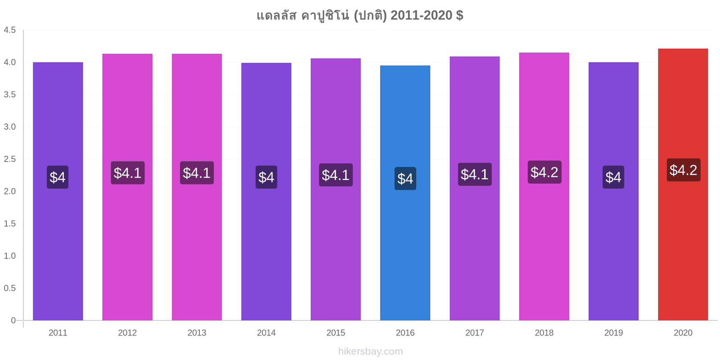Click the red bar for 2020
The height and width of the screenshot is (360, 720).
[x=683, y=184]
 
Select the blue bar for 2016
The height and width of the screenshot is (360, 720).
[x=405, y=193]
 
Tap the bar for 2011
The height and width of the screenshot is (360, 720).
[x=58, y=191]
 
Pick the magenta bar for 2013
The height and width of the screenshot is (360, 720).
[x=197, y=187]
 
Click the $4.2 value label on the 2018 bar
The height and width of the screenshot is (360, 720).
[x=544, y=172]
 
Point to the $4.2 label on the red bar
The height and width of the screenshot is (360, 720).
[x=684, y=170]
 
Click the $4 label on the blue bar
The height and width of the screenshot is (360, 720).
[x=405, y=178]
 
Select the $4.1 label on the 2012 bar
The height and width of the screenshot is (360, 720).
[x=128, y=173]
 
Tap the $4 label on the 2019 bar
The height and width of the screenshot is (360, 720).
[x=613, y=177]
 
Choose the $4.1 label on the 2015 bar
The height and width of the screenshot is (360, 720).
[x=336, y=175]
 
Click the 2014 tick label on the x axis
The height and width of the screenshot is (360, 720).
[x=266, y=333]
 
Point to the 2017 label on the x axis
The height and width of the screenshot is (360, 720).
[x=474, y=333]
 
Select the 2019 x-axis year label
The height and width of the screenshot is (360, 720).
[x=613, y=333]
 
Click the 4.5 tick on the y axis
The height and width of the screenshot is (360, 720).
[x=9, y=30]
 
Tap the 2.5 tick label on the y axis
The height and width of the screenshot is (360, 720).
[x=9, y=159]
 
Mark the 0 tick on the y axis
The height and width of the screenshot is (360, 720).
[x=13, y=320]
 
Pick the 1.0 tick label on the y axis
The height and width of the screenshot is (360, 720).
[x=9, y=256]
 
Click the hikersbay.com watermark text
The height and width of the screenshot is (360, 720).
[x=370, y=351]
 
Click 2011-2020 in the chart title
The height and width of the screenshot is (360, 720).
[x=421, y=15]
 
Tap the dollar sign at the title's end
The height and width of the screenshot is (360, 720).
[x=459, y=15]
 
